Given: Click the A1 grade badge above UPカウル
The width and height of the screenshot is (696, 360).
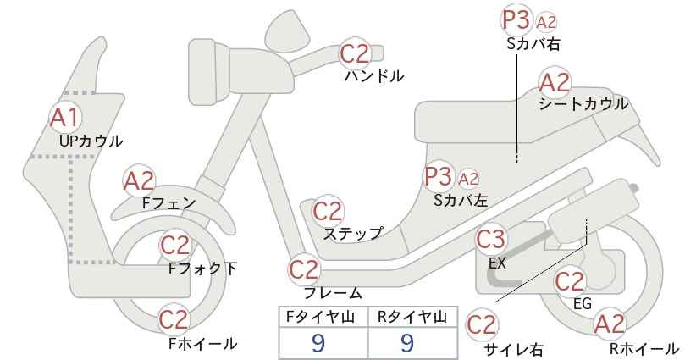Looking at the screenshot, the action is coord(65,118).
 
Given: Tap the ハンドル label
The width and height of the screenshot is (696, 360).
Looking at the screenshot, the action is coord(374,76).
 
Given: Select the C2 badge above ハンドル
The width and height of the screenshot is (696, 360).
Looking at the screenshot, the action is coord(355,53).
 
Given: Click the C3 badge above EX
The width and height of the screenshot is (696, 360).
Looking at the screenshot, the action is coord(491,240).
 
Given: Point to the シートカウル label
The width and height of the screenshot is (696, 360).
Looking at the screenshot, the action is coord(583,104).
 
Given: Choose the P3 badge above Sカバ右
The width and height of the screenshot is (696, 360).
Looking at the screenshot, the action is coord(516,20).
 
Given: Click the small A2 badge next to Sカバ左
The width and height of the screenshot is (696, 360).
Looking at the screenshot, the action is coord(468,179).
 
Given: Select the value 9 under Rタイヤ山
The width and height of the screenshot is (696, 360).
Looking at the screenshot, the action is coord(407,343).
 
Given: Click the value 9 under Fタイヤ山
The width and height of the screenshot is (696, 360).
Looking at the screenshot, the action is coord(318,343).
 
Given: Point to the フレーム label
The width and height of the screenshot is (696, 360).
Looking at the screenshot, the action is coord(333,293).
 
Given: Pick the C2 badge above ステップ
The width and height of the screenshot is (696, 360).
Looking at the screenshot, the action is coord(329,211).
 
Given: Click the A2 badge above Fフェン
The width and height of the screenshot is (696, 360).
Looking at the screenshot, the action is coord(139,180).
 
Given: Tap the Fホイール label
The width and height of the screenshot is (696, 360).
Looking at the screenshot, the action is coord(202,344).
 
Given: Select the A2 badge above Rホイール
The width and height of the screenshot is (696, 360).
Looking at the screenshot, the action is coord(610,324).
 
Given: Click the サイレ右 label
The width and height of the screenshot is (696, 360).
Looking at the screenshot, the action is coord(514,350).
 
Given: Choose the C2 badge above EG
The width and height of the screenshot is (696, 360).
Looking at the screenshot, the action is coord(570,281).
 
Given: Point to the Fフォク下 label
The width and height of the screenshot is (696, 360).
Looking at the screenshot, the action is coord(203,269).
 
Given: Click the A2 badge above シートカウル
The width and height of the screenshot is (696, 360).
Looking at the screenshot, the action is coord(555,82).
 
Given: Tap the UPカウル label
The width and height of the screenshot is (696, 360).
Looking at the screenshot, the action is coord(91,141).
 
